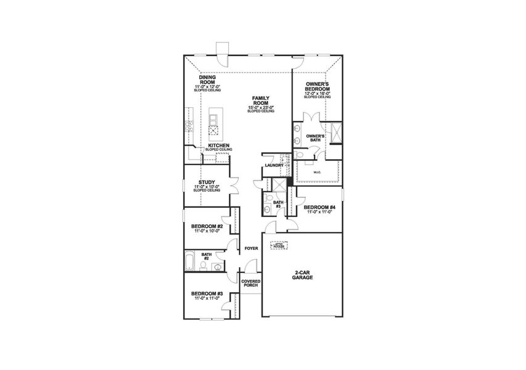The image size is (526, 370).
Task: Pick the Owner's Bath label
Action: click(x=314, y=137)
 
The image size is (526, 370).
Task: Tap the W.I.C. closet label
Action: click(x=318, y=173)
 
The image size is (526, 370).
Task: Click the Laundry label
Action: click(x=273, y=166)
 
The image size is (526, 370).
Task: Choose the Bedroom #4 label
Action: click(x=319, y=207)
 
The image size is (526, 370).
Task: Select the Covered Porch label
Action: click(x=250, y=284)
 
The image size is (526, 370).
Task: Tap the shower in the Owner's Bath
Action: click(x=336, y=133)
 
